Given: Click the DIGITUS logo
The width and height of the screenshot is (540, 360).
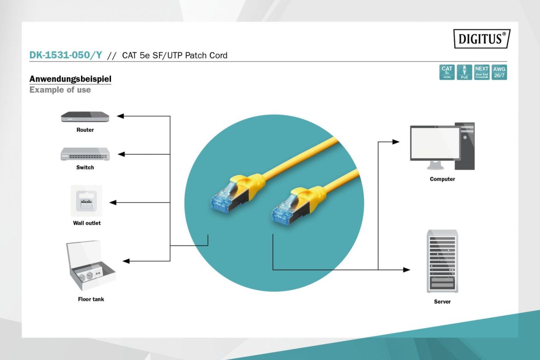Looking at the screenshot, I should pos(482,39).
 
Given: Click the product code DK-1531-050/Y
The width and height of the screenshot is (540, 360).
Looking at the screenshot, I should pos(65,55).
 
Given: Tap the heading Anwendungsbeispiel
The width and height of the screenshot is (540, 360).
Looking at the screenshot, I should pos(70,79).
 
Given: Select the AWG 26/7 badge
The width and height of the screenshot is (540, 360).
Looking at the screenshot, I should pos(499,72).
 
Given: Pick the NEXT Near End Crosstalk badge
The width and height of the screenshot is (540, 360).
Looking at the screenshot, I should pos(481,72).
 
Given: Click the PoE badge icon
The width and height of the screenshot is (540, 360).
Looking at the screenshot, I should pos(464,72).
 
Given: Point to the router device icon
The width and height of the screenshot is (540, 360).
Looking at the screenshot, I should pos(85,116).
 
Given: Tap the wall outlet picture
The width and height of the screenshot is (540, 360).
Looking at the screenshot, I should pos(86,201).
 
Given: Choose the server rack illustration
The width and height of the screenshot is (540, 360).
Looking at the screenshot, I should pos(442,261).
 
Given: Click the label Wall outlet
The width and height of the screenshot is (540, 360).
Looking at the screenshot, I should pos(87,223).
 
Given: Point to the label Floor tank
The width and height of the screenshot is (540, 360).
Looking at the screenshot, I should pos(91,299).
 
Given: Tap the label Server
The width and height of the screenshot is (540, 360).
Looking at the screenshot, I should pos(442,302).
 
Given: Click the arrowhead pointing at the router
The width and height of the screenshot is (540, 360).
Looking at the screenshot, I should pos(120,116).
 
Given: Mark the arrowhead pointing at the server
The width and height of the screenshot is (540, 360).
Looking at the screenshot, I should pos(407,270).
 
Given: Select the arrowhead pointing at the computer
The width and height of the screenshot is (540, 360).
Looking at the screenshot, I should pos(396,142).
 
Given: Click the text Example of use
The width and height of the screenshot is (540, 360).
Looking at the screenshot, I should pos(60,90).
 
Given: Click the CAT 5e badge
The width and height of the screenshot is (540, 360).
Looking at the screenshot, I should pos(447,72).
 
